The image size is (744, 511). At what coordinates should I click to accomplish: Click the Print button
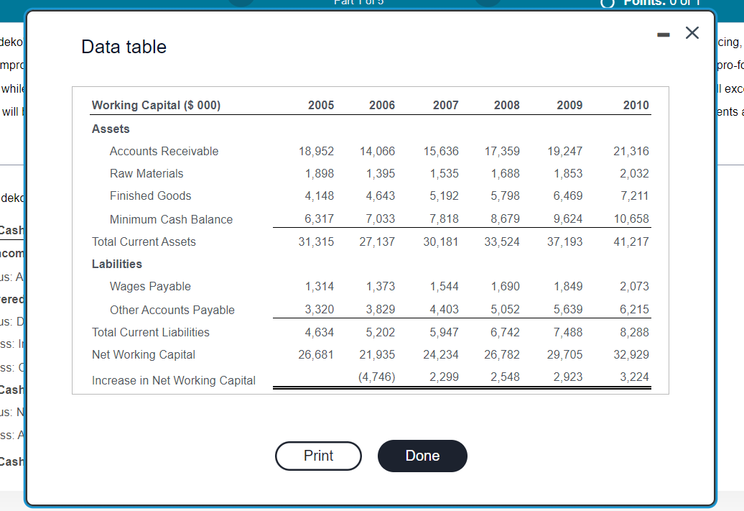point(318,456)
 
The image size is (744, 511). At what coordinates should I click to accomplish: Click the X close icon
point(692,33)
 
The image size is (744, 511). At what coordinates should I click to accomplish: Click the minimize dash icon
point(663,34)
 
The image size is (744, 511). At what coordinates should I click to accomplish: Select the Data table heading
point(124,47)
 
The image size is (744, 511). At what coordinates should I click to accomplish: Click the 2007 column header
point(445,105)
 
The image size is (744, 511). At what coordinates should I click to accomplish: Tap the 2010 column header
point(636,105)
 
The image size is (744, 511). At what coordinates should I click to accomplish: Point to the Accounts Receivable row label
point(164,151)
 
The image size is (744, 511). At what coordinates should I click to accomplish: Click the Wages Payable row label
point(150,286)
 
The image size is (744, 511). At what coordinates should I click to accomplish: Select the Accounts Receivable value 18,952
point(316,151)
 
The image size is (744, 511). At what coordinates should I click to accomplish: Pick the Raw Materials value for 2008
point(506,173)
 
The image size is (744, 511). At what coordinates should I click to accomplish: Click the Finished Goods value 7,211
point(634,195)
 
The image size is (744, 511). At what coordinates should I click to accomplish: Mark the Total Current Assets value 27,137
point(377,241)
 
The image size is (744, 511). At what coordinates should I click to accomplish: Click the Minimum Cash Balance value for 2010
point(633,219)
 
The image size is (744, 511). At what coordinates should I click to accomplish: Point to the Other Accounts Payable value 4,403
point(444,310)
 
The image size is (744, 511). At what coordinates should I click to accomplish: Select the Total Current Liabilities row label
point(151,332)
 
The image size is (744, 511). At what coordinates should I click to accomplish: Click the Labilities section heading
point(117,264)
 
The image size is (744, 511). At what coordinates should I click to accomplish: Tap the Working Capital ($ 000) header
point(156,105)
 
